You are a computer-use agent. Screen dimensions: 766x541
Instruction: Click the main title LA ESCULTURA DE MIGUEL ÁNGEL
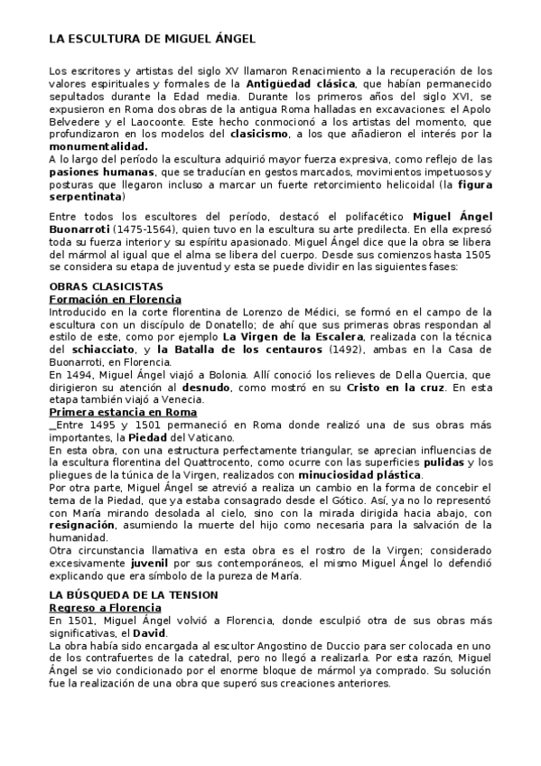tap(152, 40)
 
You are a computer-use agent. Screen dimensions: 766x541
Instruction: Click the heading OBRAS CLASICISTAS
tap(106, 286)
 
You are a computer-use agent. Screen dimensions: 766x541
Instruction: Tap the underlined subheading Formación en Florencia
tap(115, 298)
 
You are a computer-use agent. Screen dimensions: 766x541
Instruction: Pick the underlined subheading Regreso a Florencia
tap(107, 609)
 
